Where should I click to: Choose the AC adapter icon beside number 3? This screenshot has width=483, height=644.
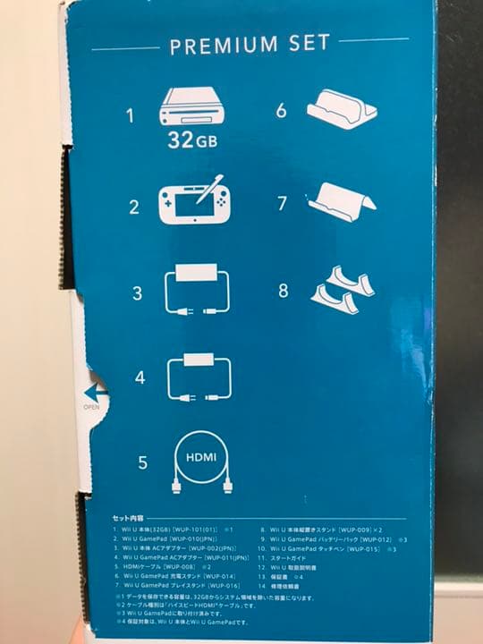pyautogui.click(x=198, y=291)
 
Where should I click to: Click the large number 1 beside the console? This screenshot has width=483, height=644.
pyautogui.click(x=129, y=116)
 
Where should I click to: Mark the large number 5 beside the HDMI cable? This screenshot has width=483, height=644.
pyautogui.click(x=141, y=463)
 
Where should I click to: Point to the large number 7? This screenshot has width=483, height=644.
pyautogui.click(x=281, y=203)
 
